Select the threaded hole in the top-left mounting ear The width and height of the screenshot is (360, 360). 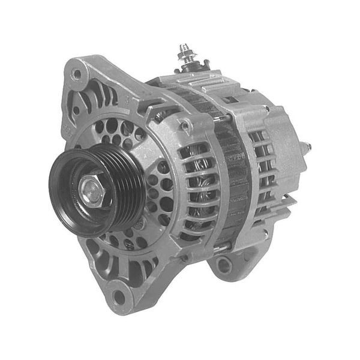tap(76, 74)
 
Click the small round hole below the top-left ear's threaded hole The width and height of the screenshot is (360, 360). tap(76, 110)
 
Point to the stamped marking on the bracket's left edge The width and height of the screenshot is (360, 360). tap(67, 129)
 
